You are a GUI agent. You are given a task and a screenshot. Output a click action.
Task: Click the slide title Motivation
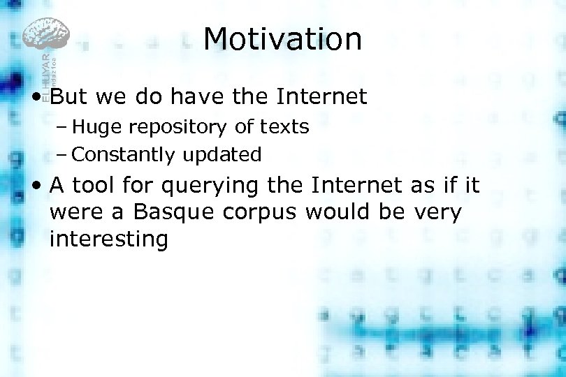point(282,39)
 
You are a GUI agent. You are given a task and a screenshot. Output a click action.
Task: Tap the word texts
point(284,127)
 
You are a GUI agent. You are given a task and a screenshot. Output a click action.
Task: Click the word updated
point(222,155)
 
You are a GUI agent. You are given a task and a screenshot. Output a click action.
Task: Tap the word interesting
point(108,239)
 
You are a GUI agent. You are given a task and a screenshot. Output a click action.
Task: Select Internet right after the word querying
point(356,186)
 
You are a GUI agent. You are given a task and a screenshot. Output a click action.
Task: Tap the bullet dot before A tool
point(36,186)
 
